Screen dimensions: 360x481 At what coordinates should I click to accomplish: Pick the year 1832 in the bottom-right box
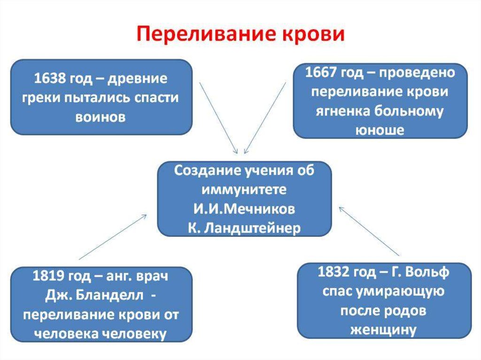click(x=335, y=272)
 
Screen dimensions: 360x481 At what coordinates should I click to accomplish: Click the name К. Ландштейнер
click(x=244, y=227)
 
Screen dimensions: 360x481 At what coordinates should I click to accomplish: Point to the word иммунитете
click(x=244, y=190)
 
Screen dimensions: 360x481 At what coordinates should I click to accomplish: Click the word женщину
click(x=384, y=329)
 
